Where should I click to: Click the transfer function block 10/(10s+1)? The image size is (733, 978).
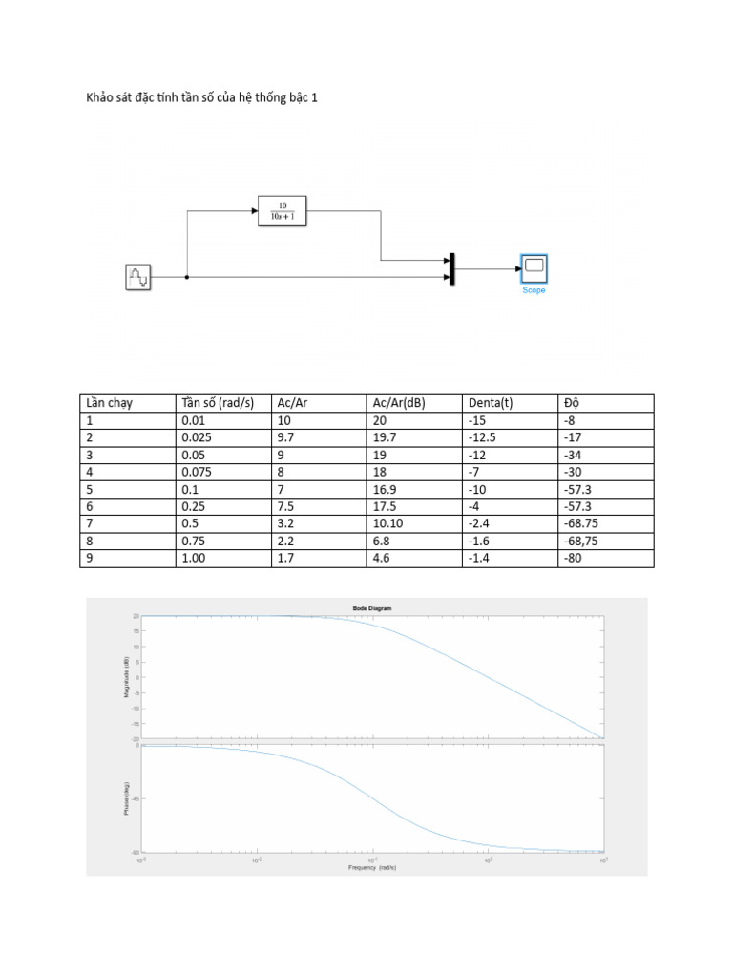[x=283, y=210]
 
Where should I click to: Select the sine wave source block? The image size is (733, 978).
[x=138, y=277]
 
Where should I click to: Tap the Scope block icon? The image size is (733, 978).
[x=534, y=268]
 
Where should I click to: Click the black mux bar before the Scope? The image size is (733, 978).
[x=451, y=268]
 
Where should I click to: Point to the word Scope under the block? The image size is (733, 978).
[x=534, y=290]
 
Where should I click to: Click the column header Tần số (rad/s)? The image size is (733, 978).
[x=218, y=403]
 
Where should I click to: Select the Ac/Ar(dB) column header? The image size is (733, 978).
[x=399, y=403]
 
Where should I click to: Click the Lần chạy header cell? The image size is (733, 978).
[x=110, y=403]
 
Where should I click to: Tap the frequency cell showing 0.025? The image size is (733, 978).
[x=198, y=437]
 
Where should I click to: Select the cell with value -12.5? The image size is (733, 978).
[x=485, y=437]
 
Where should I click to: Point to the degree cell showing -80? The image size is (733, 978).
[x=574, y=558]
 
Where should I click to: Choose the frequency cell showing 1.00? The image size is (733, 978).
[x=194, y=558]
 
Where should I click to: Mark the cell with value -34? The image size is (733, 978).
[x=574, y=455]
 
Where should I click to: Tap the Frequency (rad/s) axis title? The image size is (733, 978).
[x=372, y=867]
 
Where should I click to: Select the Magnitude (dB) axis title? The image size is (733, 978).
[x=128, y=676]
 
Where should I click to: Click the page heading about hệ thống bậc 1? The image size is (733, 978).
[x=196, y=97]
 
